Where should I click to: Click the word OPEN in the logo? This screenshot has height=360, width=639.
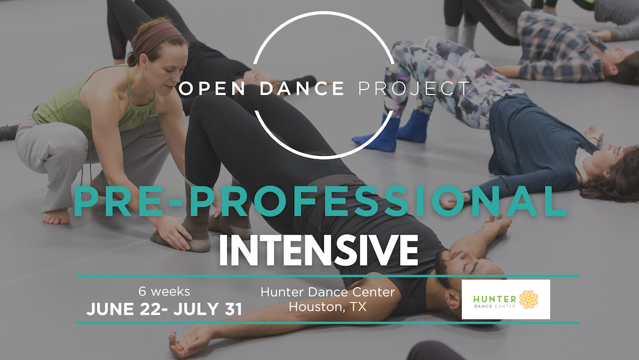(212, 88)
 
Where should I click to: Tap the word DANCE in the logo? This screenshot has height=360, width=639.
(302, 88)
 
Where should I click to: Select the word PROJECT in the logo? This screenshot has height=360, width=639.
(414, 88)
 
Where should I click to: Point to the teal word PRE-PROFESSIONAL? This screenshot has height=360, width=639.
(320, 201)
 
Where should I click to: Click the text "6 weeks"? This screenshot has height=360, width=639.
(164, 291)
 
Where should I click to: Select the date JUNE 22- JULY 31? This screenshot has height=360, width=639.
(164, 309)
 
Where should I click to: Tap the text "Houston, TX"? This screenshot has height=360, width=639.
(328, 307)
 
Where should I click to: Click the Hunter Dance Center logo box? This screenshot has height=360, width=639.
(506, 299)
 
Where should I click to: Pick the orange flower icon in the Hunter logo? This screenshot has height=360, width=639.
(528, 300)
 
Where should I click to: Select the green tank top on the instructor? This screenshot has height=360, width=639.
(93, 102)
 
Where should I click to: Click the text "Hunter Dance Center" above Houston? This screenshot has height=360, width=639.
(328, 292)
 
